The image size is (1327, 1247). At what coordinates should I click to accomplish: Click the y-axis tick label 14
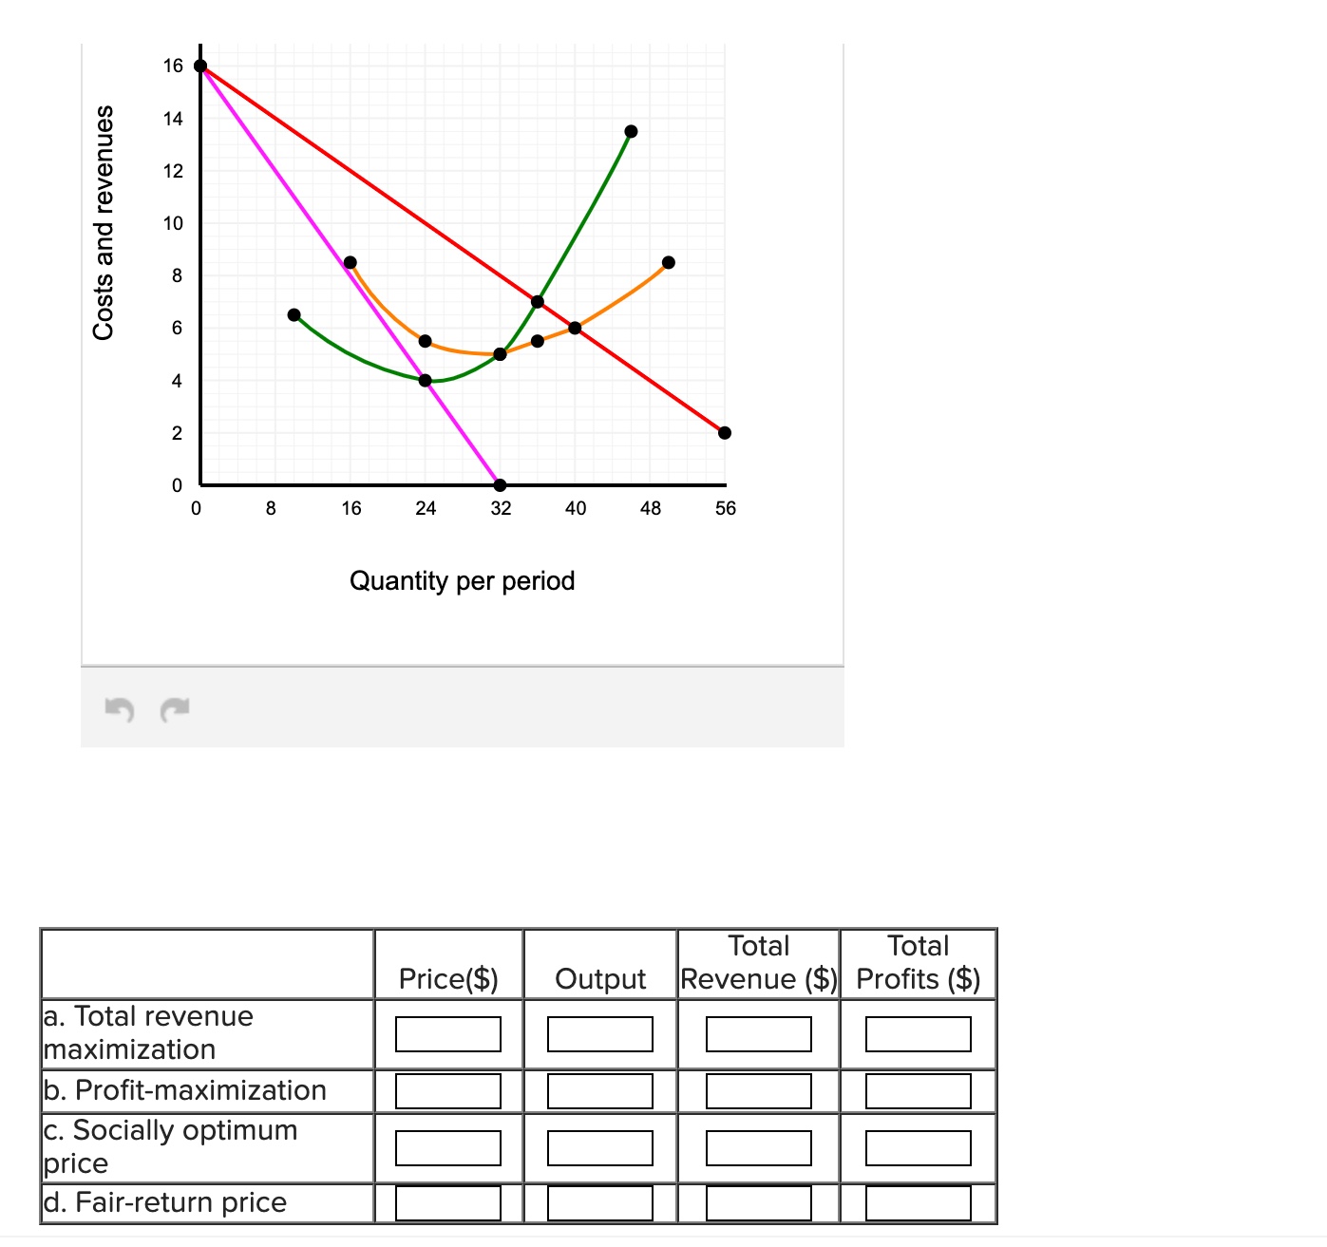point(173,119)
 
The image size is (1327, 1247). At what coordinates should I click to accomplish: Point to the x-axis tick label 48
point(651,508)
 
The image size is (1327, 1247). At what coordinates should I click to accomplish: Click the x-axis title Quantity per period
point(463,580)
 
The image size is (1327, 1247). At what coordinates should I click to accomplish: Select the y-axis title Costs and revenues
point(104,222)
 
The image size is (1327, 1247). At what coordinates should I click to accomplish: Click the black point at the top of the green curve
point(632,131)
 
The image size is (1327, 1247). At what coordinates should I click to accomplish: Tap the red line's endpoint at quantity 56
point(725,433)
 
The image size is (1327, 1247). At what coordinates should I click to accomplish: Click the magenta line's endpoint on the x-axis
point(501,485)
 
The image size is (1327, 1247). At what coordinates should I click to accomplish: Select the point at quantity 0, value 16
point(200,66)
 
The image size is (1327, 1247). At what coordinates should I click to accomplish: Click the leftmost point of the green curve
point(294,314)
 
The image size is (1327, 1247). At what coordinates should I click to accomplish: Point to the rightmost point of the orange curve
point(669,262)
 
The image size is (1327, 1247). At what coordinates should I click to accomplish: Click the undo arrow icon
point(119,709)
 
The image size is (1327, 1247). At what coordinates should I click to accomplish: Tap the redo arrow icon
point(175,709)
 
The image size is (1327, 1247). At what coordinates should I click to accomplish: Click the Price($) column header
point(448,978)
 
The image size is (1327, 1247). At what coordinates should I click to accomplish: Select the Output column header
point(600,978)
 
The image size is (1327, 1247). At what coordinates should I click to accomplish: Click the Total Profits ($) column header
point(919,963)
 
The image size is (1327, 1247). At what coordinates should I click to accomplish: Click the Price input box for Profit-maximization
point(448,1091)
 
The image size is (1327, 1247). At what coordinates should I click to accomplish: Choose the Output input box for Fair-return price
point(600,1203)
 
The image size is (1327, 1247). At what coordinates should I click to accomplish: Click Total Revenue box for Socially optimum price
point(759,1147)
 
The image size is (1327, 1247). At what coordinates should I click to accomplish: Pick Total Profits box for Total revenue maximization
point(919,1034)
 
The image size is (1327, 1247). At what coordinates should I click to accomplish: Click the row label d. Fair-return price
point(165,1202)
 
